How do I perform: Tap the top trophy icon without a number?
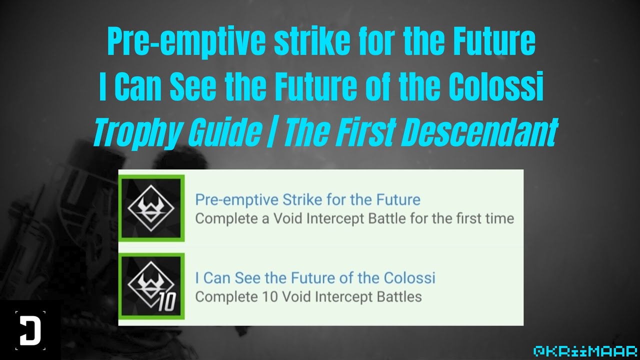(151, 208)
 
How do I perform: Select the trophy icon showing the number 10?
(151, 286)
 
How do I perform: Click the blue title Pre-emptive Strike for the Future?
(307, 200)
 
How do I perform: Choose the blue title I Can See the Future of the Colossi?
(315, 277)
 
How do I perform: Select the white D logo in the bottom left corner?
(30, 330)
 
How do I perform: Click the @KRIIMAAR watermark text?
(584, 350)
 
